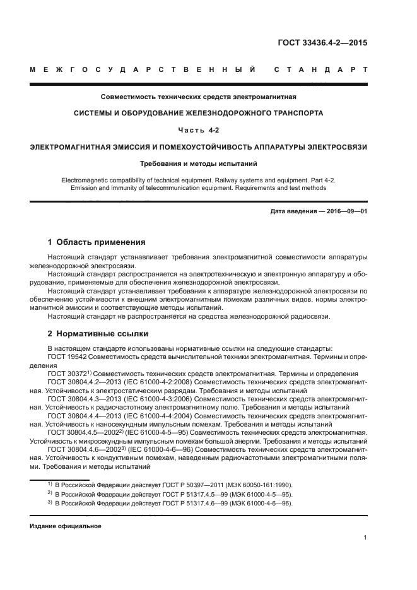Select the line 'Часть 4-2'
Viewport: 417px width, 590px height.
pyautogui.click(x=199, y=130)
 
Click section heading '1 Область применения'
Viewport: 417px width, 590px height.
pyautogui.click(x=97, y=242)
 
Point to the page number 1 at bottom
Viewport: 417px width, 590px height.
pyautogui.click(x=365, y=538)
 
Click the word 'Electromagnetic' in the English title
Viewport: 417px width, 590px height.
pyautogui.click(x=84, y=180)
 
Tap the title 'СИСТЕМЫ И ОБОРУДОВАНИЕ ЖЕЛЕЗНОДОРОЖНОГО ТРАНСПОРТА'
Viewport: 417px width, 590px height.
pyautogui.click(x=199, y=114)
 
